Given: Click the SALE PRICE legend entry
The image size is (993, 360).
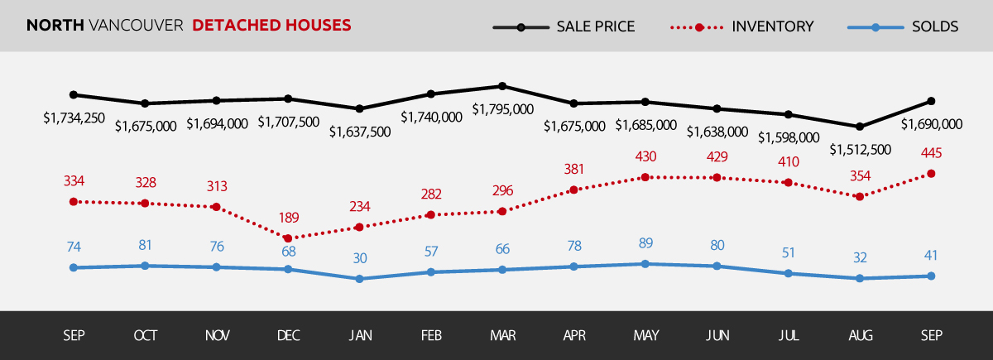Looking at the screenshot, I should (564, 26).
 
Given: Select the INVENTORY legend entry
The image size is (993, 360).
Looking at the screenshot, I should (741, 26).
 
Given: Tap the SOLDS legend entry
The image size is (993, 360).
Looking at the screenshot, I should (903, 26).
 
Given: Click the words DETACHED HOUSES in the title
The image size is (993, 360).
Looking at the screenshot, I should (272, 26).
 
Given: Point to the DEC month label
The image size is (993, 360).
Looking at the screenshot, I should (288, 336).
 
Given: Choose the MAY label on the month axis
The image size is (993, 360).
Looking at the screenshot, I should (645, 336).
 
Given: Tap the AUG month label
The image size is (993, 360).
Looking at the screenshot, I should (861, 336).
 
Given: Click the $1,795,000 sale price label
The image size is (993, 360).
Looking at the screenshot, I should (502, 109).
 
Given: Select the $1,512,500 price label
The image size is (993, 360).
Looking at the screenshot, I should (861, 150).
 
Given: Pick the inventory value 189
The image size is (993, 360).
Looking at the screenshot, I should (288, 218).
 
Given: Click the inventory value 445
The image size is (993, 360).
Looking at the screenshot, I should (932, 153).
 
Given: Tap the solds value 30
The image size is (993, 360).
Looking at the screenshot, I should (360, 258).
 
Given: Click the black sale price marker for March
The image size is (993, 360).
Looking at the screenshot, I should (502, 86).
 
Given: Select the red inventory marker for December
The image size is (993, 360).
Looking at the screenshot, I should (288, 238).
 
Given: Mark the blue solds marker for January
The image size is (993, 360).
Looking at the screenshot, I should (360, 279).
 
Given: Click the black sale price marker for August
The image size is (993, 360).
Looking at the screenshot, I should (861, 127).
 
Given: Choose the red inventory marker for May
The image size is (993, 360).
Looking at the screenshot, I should (645, 177).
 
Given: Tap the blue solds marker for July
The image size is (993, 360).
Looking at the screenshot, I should (789, 273).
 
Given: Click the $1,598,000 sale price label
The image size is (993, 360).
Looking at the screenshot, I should (789, 137).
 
